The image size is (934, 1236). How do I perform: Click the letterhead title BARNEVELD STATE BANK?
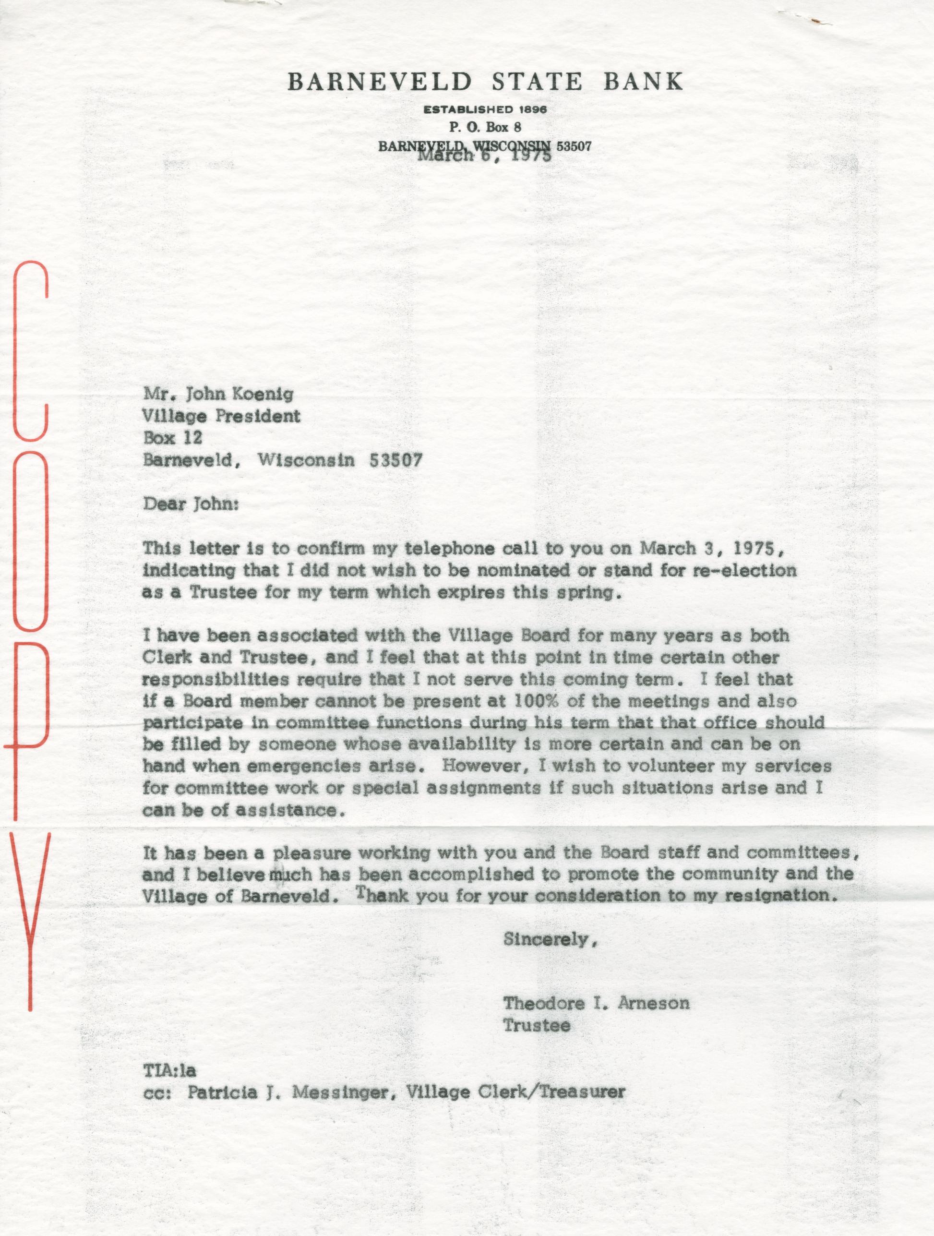[x=484, y=83]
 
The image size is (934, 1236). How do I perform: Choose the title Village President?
[x=222, y=416]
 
